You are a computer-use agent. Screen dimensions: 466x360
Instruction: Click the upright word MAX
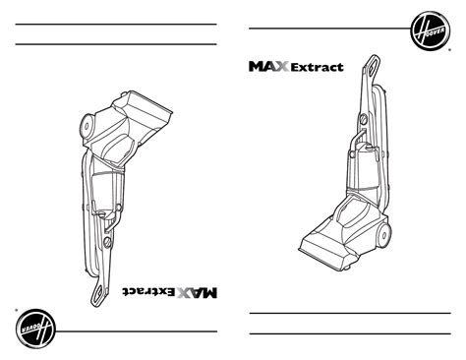point(268,67)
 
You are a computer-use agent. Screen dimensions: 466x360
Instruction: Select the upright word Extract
point(316,68)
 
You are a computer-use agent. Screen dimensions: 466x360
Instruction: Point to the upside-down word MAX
point(198,292)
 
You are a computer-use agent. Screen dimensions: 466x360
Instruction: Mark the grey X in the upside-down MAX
point(185,292)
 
